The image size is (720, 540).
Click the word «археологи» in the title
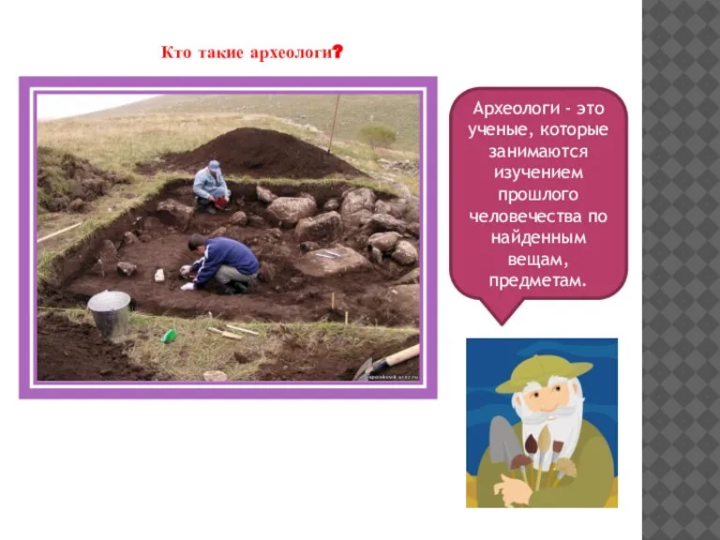click(x=290, y=52)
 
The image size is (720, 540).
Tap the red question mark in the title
click(x=336, y=52)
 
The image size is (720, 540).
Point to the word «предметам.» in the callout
click(x=538, y=281)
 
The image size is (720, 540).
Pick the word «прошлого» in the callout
click(x=538, y=195)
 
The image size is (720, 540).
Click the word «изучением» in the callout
click(x=538, y=173)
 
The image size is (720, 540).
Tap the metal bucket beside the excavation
click(x=109, y=312)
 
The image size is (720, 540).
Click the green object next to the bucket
click(x=169, y=335)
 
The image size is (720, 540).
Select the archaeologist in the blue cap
click(x=212, y=185)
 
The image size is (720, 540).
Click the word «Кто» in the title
click(x=175, y=52)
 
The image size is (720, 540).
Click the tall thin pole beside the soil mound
click(x=333, y=123)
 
